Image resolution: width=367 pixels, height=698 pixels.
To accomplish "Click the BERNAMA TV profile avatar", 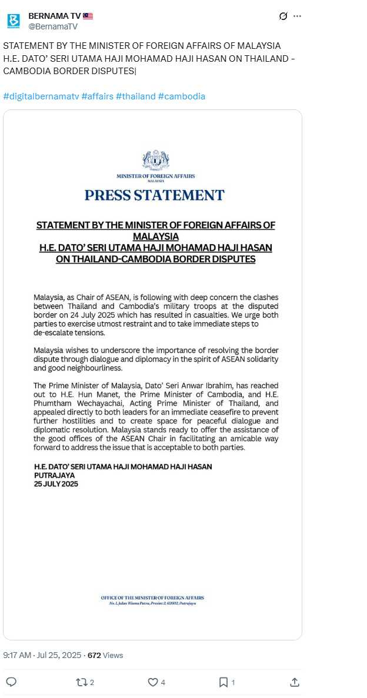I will pos(14,21).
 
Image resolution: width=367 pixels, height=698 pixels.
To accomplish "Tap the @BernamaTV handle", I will pos(52,26).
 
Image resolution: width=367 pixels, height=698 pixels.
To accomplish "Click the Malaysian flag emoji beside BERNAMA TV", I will pos(88,16).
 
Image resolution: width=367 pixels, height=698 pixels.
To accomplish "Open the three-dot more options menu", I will pos(297,16).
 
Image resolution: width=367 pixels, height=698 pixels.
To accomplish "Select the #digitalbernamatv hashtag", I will pos(40,96).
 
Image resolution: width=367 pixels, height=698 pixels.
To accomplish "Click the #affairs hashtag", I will pos(97,96).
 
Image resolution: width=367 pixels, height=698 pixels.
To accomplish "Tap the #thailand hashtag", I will pos(135,96).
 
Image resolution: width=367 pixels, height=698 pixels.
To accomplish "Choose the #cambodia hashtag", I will pos(182,96).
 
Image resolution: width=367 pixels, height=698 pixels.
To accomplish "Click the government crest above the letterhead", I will pos(155,160).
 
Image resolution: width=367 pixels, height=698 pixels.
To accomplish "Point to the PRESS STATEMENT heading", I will pos(155,195).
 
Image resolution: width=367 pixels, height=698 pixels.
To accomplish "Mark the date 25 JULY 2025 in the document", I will pos(56,484).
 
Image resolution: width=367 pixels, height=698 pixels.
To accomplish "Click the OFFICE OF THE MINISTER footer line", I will pos(152,598).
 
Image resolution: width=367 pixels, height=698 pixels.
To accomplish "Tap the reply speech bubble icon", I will pos(11,682).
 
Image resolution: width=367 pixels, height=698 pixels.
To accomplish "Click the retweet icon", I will pos(82,682).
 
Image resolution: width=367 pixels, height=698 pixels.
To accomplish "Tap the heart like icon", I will pos(152,682).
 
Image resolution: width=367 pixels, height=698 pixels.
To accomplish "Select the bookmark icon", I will pos(223,682).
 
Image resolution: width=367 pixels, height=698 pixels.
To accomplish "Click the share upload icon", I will pos(295,682).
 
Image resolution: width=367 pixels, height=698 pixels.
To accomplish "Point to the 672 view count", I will pos(94,655).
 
